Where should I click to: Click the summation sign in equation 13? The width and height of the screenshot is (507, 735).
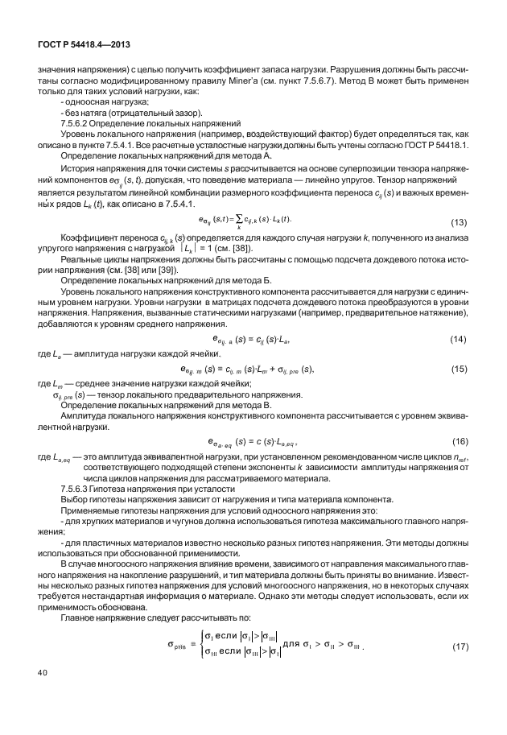click(x=239, y=221)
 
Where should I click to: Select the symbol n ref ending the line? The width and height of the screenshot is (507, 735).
click(x=459, y=458)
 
